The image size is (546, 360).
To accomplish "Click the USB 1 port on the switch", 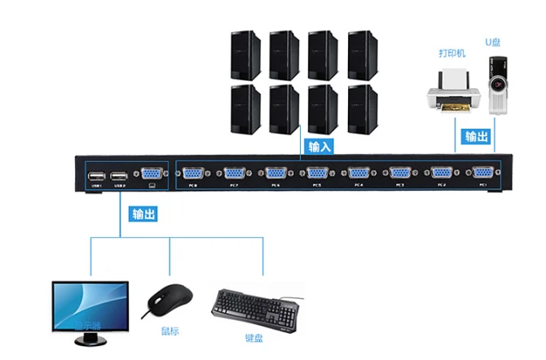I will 96,174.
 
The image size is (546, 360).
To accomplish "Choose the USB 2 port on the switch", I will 120,174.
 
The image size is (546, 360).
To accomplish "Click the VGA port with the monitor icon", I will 151,173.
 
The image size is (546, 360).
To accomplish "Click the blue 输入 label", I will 319,147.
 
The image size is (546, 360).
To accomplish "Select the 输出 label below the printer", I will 477,136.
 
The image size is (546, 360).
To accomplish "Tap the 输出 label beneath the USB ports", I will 143,215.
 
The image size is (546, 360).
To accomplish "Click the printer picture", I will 451,90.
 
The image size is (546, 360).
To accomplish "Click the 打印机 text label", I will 451,53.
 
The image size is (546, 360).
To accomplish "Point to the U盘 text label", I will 495,41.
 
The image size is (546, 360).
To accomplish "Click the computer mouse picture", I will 170,302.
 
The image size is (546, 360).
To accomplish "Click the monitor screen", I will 90,303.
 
